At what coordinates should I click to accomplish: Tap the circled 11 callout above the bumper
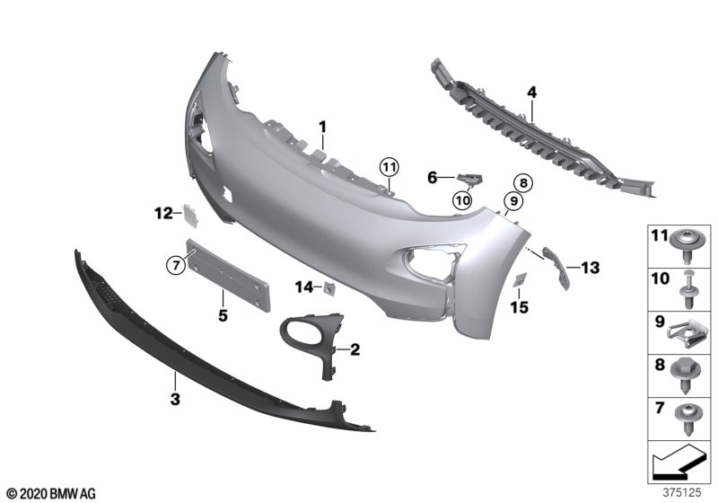(x=390, y=168)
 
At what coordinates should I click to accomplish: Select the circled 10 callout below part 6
(x=462, y=199)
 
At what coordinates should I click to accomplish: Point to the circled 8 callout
(x=523, y=183)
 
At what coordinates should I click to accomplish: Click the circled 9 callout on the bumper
(x=513, y=200)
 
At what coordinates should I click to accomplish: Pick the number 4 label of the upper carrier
(x=531, y=93)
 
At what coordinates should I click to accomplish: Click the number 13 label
(x=590, y=268)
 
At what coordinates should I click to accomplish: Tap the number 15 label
(x=520, y=307)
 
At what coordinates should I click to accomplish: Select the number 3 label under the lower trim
(x=175, y=399)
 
